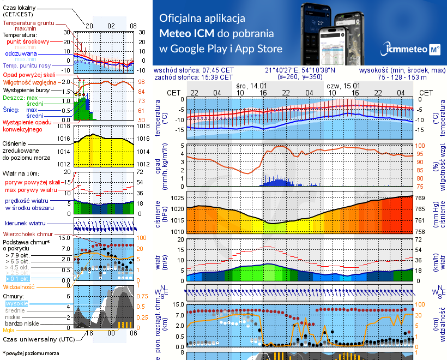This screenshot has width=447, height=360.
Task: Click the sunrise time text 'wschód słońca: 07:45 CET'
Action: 194,70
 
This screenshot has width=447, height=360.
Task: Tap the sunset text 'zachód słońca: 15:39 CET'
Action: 194,77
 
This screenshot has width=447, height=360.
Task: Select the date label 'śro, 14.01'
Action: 251,86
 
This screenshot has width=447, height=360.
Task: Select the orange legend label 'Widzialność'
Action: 19,286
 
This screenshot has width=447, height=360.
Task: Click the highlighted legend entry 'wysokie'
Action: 16,303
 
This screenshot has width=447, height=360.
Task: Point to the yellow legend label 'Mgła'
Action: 9,330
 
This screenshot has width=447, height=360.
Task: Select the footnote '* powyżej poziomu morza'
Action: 31,353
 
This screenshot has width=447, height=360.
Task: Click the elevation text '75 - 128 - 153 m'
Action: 400,77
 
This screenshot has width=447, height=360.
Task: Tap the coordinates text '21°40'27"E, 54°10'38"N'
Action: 300,70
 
